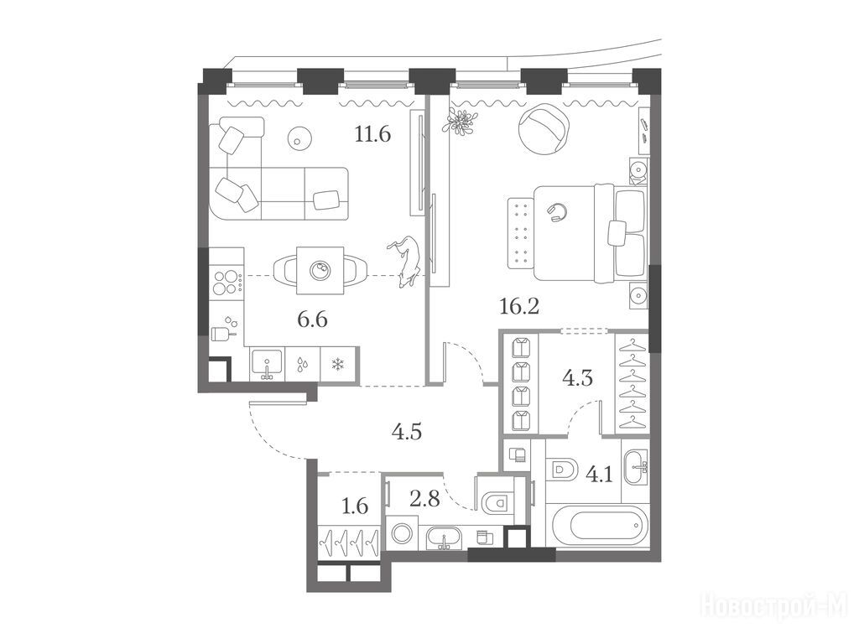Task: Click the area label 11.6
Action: tap(372, 133)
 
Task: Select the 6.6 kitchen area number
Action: tap(312, 318)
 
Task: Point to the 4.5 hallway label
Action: tap(407, 432)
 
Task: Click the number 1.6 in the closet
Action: tap(355, 506)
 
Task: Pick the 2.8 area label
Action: tap(424, 498)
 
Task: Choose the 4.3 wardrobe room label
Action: tap(578, 378)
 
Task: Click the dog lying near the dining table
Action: tap(405, 262)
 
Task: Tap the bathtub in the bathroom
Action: tap(601, 526)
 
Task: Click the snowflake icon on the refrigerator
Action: tap(339, 364)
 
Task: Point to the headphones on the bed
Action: tap(557, 212)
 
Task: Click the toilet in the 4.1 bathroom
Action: tap(563, 470)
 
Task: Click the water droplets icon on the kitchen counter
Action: tap(301, 365)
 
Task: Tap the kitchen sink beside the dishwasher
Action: tap(267, 364)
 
